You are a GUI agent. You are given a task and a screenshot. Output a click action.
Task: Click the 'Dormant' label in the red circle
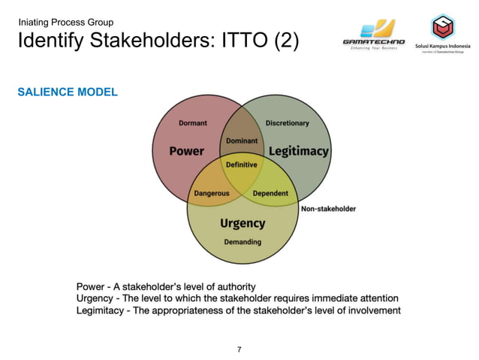point(193,123)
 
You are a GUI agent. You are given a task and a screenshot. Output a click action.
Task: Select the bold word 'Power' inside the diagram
point(186,151)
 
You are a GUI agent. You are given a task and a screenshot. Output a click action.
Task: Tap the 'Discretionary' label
point(287,123)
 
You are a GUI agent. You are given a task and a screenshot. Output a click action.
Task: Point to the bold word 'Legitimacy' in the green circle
point(298,151)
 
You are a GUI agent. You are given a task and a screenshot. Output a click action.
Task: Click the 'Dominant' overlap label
point(242,141)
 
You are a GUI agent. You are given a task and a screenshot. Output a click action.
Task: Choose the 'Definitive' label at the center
point(242,165)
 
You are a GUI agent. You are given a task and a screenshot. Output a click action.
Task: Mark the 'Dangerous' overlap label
point(212,193)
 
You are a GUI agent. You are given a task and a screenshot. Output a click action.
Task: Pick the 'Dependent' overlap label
point(270,193)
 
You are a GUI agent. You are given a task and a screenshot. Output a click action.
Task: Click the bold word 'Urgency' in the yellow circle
point(242,223)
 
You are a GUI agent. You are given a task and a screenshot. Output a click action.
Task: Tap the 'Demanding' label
point(243,242)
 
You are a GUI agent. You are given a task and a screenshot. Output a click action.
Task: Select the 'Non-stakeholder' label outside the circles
point(328,208)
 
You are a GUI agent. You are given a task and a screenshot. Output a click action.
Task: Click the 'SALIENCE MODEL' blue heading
point(68,92)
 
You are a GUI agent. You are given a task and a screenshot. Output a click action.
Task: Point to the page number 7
point(239,349)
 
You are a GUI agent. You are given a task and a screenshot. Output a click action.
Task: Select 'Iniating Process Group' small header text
point(66,22)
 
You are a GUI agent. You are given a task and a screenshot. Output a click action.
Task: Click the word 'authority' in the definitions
point(233,286)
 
